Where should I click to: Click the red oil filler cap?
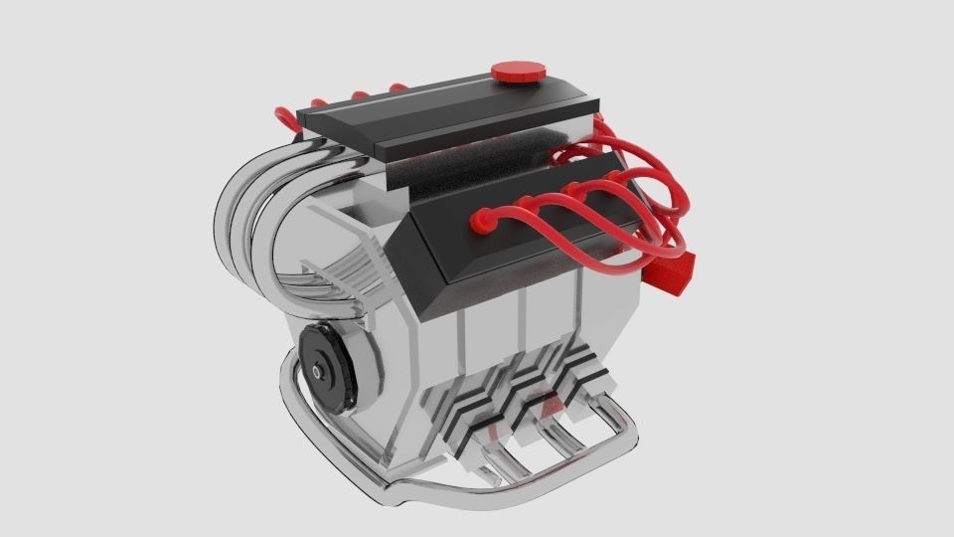coord(519,71)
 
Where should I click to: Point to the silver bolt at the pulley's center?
coord(317,370)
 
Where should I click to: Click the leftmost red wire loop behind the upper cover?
coord(287,116)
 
